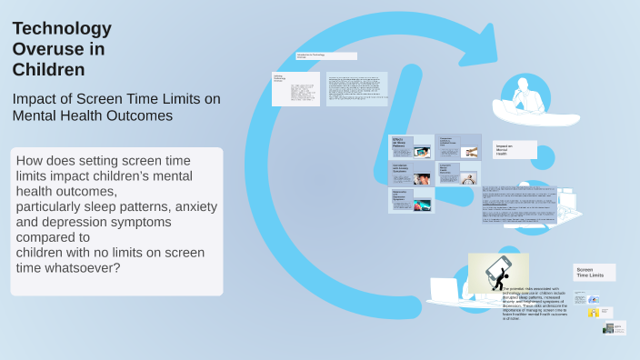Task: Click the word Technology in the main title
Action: pos(62,29)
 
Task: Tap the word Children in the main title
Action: pos(48,69)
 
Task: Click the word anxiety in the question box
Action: pos(195,206)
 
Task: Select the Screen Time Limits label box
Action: pos(595,272)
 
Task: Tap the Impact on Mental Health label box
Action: pos(515,149)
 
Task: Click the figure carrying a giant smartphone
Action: pos(497,274)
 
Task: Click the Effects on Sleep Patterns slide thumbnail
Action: pos(412,146)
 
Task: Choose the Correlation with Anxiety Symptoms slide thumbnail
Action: pos(412,174)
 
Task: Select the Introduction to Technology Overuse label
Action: pos(320,56)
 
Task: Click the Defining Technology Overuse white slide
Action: pos(295,89)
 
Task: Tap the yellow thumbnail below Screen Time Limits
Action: pos(593,313)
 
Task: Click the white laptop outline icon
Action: pos(446,291)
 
